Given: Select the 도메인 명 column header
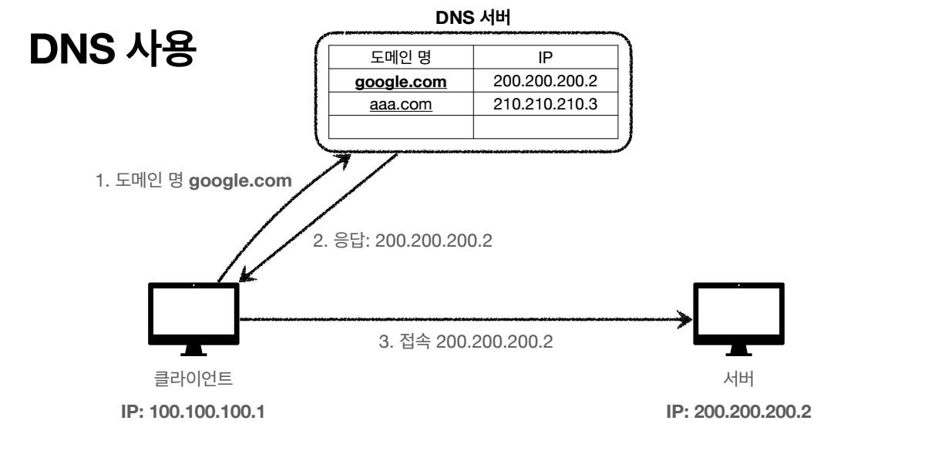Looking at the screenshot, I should (x=401, y=57).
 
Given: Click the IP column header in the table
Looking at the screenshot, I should (x=545, y=57).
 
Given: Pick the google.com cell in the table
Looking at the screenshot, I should (x=401, y=81).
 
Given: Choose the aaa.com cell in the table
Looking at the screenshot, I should (x=401, y=104).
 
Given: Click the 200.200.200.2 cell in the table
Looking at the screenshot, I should (x=545, y=81).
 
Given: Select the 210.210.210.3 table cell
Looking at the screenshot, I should (x=545, y=104).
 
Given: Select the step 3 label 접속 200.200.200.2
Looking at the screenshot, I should (x=468, y=341).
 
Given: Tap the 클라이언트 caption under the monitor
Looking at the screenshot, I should (x=193, y=379).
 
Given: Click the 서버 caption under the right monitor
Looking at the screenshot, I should (x=738, y=379).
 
